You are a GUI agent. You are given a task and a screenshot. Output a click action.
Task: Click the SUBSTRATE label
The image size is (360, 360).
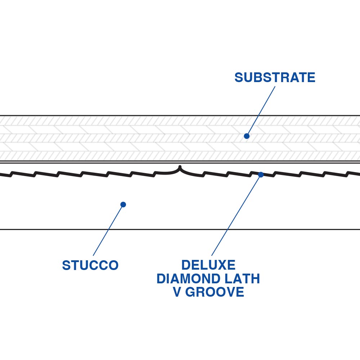coord(275,78)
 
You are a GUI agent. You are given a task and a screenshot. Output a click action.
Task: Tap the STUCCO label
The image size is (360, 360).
coord(90,266)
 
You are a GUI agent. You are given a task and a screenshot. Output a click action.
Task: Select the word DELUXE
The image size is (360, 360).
coord(208,265)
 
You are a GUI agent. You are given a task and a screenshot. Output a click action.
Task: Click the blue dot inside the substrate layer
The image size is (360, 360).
coord(247,136)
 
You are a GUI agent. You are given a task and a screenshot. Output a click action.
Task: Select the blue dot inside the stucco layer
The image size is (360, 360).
coord(123,204)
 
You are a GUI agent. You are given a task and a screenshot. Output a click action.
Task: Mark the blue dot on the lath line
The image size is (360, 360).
coord(261,175)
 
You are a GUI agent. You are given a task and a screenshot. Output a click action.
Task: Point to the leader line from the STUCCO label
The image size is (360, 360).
coord(108,230)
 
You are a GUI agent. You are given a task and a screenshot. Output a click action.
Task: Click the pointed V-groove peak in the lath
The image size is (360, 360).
coord(180,167)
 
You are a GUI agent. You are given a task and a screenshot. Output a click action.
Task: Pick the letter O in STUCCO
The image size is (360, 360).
coord(113,266)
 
